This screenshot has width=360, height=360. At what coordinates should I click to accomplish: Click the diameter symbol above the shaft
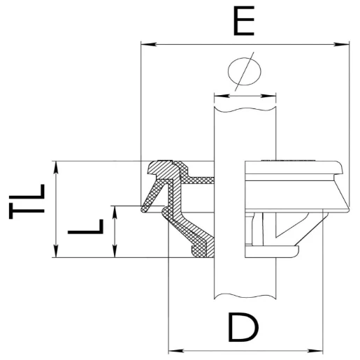(245, 71)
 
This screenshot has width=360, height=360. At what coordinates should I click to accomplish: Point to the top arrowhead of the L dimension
(115, 210)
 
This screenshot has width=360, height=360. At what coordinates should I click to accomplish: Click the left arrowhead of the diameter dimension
(218, 96)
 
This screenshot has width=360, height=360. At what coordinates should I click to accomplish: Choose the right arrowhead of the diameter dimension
(273, 96)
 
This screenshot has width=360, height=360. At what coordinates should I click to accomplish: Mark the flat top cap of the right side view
(294, 165)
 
